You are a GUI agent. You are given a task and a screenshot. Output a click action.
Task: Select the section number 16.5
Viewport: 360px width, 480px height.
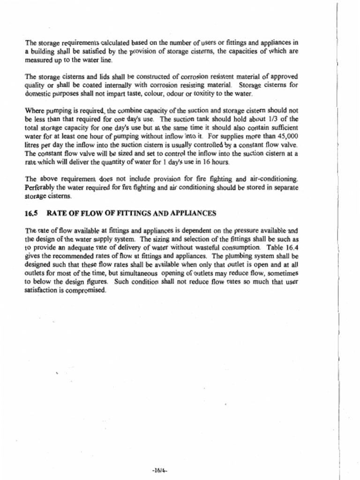31,213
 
